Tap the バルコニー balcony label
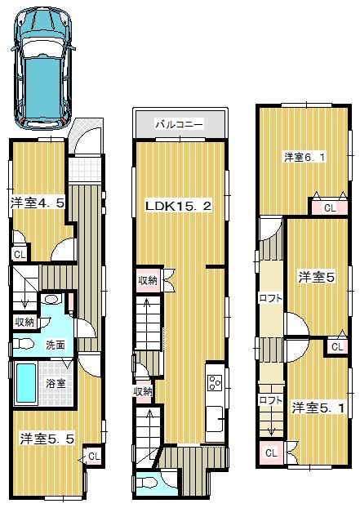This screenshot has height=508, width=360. (180, 125)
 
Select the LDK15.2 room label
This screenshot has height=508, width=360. (179, 206)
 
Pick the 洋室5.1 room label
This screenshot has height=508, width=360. (313, 407)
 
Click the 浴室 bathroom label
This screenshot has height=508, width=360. (56, 383)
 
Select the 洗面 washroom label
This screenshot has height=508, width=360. (56, 344)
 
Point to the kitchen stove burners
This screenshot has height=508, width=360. (216, 384)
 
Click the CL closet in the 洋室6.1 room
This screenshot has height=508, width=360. (329, 208)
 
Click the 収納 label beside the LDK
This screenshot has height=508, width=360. (148, 281)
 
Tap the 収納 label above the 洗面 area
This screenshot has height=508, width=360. (24, 322)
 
